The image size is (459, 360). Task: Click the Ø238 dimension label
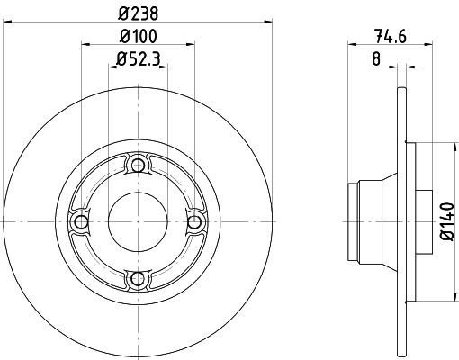tap(138, 13)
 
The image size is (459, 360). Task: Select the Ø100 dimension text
tap(138, 36)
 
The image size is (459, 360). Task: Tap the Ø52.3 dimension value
tap(138, 58)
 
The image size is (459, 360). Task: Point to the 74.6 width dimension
tap(390, 37)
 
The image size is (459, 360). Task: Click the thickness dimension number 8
tap(376, 58)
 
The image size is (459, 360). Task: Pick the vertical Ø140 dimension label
tap(448, 221)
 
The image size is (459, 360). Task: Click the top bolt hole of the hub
tap(138, 165)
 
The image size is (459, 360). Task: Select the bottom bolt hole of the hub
tap(138, 279)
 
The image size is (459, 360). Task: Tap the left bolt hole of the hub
tap(81, 222)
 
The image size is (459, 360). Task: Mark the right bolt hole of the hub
tap(194, 222)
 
